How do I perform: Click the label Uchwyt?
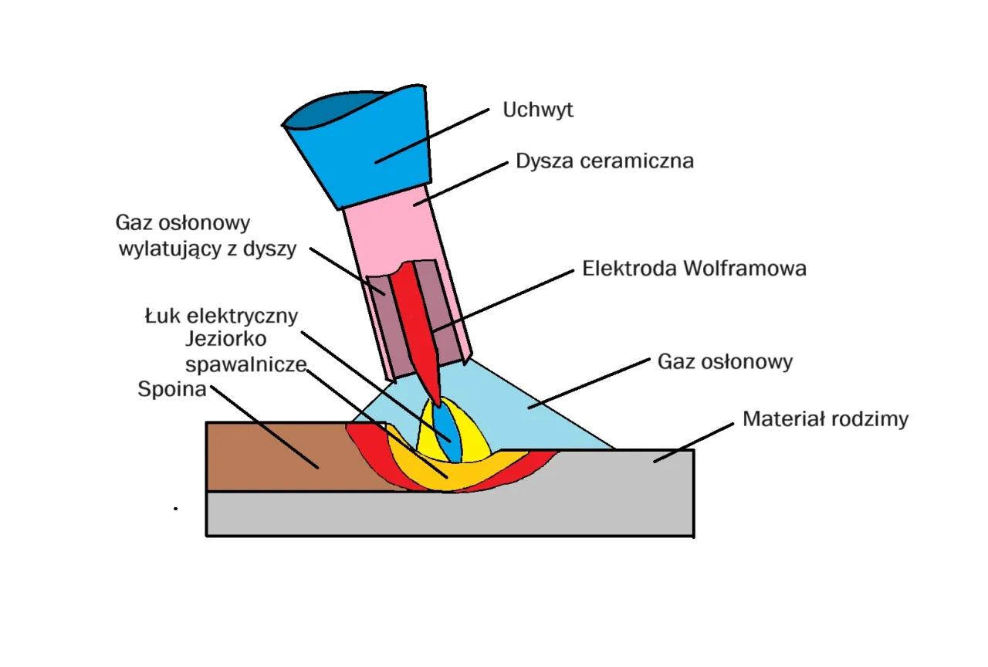[538, 110]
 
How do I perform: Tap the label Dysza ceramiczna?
[604, 161]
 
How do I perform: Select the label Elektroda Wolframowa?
[694, 269]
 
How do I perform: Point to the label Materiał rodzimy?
[825, 419]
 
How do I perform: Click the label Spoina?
[171, 389]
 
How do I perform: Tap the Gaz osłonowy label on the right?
[725, 361]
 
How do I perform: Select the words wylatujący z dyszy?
[207, 249]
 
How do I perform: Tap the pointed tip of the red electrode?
[438, 403]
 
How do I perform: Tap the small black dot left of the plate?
[176, 509]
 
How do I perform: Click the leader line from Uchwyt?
[432, 136]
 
